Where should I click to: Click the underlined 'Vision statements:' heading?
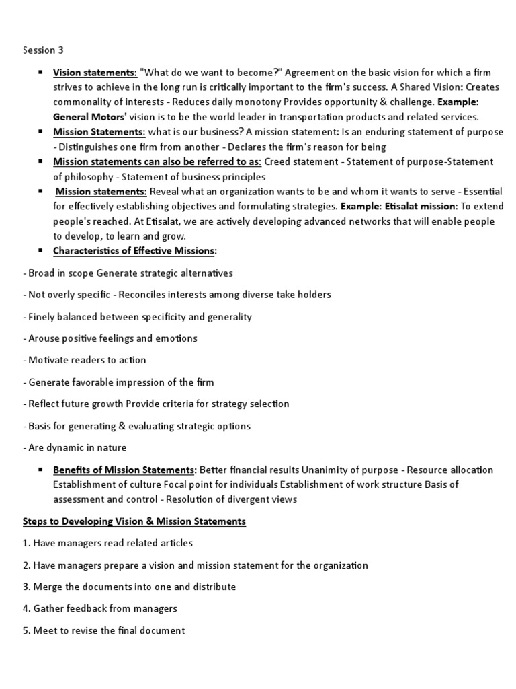95,73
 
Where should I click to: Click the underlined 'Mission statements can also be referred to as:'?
157,162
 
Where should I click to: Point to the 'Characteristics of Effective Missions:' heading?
135,251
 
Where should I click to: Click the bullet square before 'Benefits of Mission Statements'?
42,470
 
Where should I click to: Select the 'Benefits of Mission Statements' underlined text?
125,470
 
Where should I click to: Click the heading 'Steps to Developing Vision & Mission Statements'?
134,521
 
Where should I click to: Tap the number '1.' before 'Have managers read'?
26,543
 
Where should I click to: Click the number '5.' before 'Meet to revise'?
26,630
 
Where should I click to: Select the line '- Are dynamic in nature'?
75,447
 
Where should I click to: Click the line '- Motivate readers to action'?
84,360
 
